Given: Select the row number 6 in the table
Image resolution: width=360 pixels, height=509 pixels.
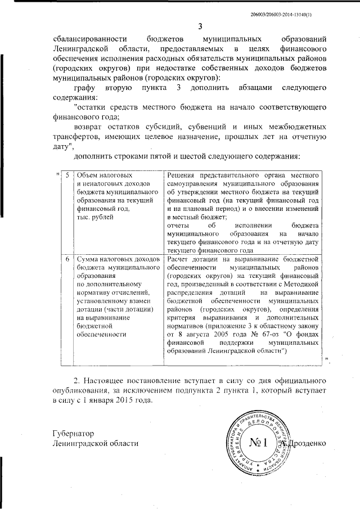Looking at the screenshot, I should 67,259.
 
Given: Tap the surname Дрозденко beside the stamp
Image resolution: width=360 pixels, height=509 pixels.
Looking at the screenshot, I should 307,444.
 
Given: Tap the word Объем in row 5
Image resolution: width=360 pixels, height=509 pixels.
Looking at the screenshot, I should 87,176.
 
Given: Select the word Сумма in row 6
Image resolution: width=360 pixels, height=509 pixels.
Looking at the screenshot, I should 88,259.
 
